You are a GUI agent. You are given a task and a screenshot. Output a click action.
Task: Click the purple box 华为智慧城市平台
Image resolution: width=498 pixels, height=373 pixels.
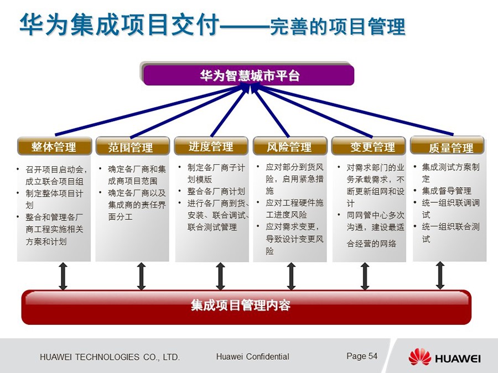248,75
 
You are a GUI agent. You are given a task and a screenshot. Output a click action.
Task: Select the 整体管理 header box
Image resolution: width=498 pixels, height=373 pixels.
54,146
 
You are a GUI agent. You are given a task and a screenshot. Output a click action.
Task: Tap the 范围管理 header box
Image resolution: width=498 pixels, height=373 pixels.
132,146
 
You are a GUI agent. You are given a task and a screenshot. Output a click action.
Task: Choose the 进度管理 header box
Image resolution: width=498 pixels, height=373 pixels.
211,146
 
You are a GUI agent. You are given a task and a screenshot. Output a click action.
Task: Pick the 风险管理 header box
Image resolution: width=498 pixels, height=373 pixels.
289,146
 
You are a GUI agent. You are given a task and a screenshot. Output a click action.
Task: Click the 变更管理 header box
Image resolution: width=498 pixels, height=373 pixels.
369,146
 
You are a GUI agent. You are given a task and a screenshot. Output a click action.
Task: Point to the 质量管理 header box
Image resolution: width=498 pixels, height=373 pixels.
448,146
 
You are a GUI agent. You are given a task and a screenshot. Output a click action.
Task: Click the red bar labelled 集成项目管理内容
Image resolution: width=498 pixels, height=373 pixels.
246,306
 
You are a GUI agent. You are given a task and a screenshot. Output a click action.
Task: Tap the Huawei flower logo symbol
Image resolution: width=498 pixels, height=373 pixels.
419,357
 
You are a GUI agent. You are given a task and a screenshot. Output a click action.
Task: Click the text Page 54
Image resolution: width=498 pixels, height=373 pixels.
362,356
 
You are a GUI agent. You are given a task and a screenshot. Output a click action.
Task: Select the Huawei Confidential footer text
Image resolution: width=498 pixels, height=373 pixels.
252,356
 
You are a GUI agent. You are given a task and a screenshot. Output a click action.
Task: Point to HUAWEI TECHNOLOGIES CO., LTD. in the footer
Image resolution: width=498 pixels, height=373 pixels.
110,357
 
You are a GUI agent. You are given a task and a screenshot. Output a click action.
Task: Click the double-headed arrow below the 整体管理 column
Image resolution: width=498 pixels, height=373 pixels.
63,276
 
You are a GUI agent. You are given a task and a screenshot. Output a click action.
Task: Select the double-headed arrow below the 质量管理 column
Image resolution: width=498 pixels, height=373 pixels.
440,275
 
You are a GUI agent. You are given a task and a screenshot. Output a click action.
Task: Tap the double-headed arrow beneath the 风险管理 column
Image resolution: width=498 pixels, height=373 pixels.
291,276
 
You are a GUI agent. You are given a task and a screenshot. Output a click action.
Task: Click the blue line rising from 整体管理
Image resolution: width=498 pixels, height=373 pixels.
149,110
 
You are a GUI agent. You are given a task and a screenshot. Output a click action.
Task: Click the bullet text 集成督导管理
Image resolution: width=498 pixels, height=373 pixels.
446,191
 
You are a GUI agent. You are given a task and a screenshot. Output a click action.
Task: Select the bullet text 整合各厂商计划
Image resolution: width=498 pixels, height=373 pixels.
216,191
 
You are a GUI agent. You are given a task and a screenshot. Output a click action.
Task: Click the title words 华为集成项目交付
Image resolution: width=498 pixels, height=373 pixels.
119,24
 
